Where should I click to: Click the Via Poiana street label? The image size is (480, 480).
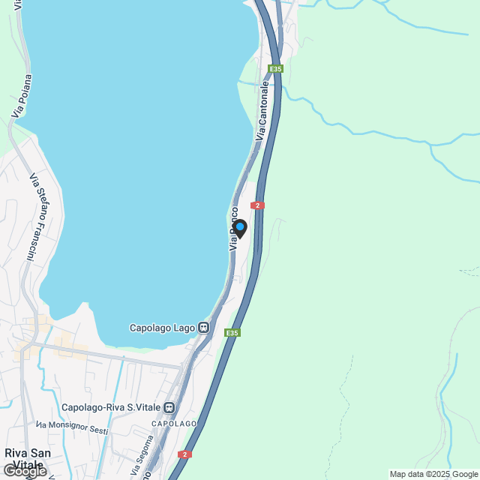22,95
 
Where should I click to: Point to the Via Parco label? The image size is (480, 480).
234,229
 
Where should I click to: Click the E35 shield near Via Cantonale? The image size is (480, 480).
276,69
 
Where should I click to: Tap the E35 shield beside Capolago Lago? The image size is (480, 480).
232,332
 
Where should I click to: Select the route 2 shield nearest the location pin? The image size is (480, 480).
257,205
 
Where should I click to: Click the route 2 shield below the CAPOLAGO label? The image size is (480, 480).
184,454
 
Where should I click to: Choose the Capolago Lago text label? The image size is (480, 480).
163,328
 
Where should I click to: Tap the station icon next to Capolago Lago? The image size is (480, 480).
203,328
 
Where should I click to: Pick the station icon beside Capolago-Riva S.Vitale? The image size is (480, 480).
169,408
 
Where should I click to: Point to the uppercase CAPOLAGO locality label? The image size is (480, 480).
174,424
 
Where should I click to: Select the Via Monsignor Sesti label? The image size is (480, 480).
72,427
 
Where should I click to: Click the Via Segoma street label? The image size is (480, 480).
142,460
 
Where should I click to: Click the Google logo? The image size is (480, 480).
24,471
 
